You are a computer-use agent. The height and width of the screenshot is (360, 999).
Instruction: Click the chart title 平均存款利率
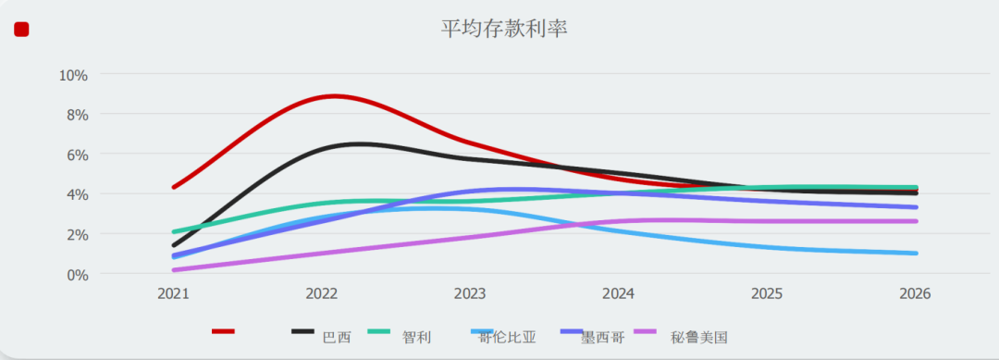pos(503,29)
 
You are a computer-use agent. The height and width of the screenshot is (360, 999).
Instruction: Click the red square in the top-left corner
pos(21,30)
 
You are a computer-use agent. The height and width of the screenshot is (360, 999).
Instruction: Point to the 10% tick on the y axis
pos(73,75)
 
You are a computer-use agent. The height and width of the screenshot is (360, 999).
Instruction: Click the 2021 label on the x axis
pos(173,294)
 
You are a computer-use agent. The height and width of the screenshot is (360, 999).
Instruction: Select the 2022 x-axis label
pos(322,294)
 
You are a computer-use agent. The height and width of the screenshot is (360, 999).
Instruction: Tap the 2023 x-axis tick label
pos(470,294)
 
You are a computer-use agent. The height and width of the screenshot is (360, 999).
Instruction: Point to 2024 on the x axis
pos(618,294)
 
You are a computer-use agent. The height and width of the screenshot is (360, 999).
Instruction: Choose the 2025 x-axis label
pos(767,294)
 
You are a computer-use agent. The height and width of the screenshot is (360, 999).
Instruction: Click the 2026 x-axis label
pos(915,294)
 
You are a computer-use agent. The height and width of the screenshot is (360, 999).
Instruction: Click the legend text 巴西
pos(336,337)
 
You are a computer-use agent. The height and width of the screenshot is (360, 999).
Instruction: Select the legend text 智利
pos(416,337)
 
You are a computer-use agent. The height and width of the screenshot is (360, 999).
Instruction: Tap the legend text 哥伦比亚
pos(507,337)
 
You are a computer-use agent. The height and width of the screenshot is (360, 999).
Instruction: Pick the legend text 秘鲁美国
pos(699,337)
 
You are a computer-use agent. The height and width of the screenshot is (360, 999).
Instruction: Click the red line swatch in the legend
pos(223,331)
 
